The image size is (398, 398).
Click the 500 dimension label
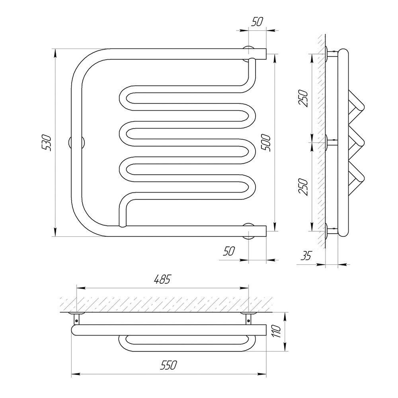tap(267, 143)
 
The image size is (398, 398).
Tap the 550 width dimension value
tap(168, 365)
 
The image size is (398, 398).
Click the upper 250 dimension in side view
tap(304, 98)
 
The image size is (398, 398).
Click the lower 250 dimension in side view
tap(304, 187)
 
